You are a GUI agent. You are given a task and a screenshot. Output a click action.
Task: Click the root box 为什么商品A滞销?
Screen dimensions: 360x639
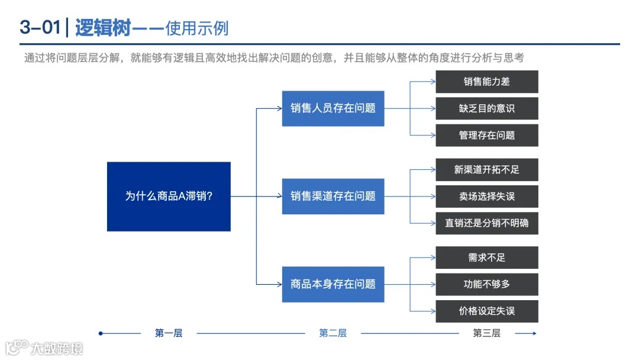tap(169, 196)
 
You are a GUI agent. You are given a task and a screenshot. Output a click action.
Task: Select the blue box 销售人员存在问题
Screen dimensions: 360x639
tap(333, 108)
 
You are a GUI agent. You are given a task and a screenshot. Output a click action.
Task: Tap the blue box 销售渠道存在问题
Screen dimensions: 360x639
tap(333, 196)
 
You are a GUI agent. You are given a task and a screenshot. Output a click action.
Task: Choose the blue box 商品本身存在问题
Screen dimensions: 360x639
tap(333, 284)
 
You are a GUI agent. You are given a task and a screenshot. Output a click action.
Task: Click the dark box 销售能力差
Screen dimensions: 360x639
tap(487, 82)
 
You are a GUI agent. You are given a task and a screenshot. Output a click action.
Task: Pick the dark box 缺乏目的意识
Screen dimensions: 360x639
tap(487, 108)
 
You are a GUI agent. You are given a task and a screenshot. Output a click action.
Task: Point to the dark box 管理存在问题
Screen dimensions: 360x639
tap(487, 135)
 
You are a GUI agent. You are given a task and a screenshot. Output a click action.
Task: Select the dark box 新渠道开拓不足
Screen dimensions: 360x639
tap(487, 169)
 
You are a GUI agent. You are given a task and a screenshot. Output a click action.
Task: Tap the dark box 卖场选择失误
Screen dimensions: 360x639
tap(487, 196)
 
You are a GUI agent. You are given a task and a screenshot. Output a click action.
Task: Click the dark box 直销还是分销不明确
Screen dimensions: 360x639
tap(487, 223)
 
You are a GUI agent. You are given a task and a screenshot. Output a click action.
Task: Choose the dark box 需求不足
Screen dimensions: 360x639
tap(487, 258)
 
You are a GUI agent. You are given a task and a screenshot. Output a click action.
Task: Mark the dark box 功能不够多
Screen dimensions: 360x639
tap(487, 284)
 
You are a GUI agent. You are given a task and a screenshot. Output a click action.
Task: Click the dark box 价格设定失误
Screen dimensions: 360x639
tap(487, 311)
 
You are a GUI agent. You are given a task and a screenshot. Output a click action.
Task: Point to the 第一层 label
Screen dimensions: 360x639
tap(169, 333)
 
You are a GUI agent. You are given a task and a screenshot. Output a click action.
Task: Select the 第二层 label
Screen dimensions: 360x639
tap(333, 333)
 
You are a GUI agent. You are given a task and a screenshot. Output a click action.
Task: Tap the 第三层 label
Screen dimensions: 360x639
tap(486, 333)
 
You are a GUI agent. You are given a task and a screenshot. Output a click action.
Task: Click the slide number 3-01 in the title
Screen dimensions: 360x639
tap(40, 27)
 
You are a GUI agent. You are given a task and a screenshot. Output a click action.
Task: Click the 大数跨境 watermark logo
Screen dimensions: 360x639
tap(44, 347)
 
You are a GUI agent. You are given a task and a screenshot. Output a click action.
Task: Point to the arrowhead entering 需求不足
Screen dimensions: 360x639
tap(433, 258)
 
